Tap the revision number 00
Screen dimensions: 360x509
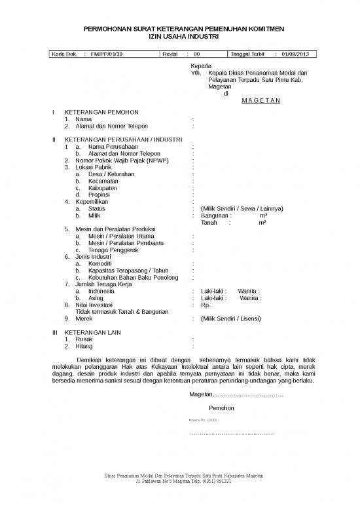click(197, 54)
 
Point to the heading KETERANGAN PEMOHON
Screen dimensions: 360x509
click(101, 113)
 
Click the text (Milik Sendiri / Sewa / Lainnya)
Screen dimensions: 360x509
click(242, 208)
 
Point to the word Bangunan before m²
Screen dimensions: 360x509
click(215, 216)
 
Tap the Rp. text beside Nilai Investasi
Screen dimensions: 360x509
click(206, 305)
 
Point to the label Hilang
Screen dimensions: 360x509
click(84, 346)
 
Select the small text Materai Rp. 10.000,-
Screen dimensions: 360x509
click(204, 419)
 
